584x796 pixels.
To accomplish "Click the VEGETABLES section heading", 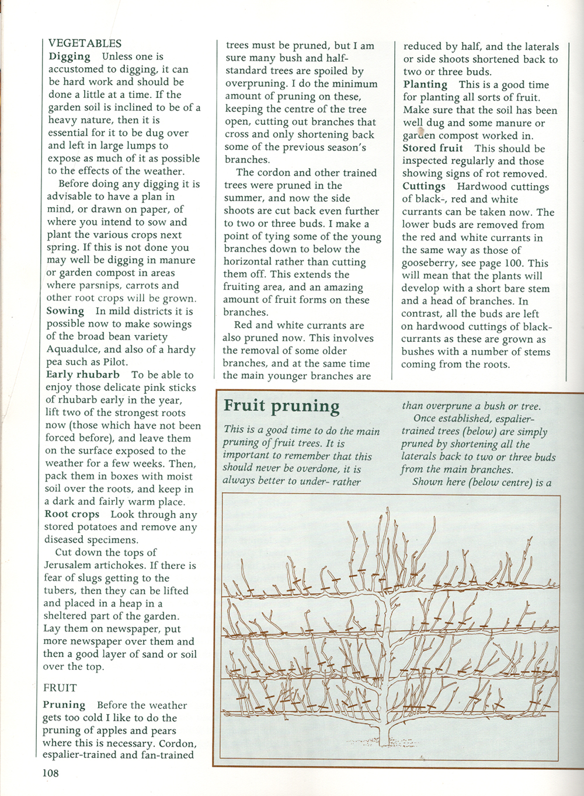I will [x=85, y=43].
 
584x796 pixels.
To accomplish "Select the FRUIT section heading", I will [x=60, y=688].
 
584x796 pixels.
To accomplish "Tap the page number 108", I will [x=50, y=774].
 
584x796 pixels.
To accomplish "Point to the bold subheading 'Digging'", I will [x=69, y=57].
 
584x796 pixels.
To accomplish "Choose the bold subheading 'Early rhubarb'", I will [x=83, y=375].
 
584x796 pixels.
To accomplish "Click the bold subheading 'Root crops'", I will [x=72, y=515].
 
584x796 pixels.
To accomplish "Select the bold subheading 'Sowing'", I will [x=65, y=311].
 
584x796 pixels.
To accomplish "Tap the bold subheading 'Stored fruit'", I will [x=433, y=148].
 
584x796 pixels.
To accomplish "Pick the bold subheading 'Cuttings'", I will [x=424, y=187].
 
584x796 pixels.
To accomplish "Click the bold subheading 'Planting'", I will [x=426, y=85].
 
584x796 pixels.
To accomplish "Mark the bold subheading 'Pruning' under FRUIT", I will [x=64, y=705].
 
